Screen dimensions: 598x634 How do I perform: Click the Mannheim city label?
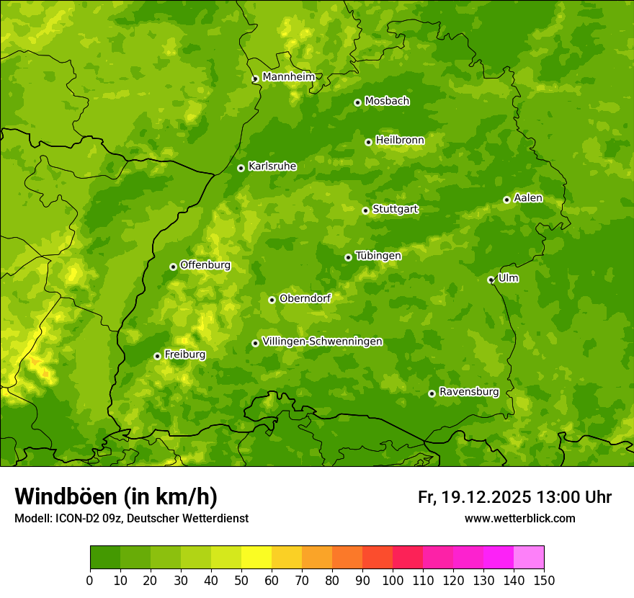click(x=289, y=77)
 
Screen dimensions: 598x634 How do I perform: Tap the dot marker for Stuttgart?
click(x=365, y=210)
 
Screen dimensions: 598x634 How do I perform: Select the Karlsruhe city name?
click(x=272, y=166)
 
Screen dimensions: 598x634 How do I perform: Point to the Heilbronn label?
click(x=400, y=140)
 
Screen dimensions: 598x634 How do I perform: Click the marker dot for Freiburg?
click(x=157, y=356)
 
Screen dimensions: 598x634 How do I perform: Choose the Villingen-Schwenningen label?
click(x=322, y=342)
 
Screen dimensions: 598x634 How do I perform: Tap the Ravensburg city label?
click(x=469, y=392)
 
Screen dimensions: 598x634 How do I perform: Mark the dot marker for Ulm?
click(x=491, y=280)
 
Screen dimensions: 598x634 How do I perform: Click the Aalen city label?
click(x=528, y=198)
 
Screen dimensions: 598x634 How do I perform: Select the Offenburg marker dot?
click(x=173, y=267)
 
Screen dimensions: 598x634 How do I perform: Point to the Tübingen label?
click(x=378, y=256)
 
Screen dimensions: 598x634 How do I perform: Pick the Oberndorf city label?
click(x=305, y=298)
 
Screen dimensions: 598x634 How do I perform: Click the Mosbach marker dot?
click(x=357, y=102)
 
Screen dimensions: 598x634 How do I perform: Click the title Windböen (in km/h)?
click(x=116, y=496)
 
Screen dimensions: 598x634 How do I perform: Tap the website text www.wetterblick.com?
click(x=519, y=518)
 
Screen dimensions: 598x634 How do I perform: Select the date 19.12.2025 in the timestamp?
click(x=486, y=497)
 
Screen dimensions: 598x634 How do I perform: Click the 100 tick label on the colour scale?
click(x=393, y=580)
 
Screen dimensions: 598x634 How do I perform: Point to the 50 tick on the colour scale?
click(x=241, y=580)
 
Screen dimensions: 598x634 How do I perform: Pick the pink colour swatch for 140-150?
click(x=529, y=558)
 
